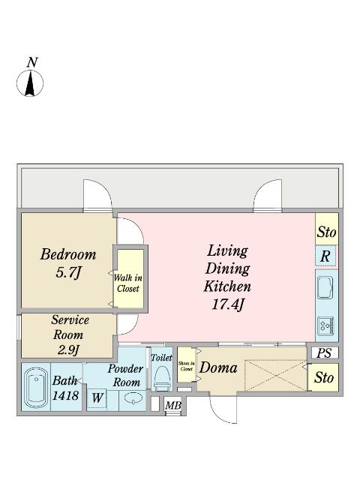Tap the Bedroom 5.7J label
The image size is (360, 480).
[68, 263]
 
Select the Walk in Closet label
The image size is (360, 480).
[128, 283]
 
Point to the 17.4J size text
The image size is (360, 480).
[228, 304]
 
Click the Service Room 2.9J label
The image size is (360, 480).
[70, 334]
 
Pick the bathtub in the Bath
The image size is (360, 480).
[36, 388]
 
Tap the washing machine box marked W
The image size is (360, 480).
[97, 398]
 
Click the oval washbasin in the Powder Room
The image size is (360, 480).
[133, 398]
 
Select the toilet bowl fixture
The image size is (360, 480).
[162, 378]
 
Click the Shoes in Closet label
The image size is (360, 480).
[187, 366]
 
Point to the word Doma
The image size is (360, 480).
[218, 367]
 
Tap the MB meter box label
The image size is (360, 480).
[173, 406]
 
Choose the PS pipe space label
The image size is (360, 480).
[324, 353]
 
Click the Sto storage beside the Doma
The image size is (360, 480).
[323, 377]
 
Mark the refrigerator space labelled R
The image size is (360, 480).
[325, 256]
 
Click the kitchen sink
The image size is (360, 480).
[325, 287]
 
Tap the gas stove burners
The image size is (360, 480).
[325, 325]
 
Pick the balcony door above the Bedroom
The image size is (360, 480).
[97, 195]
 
